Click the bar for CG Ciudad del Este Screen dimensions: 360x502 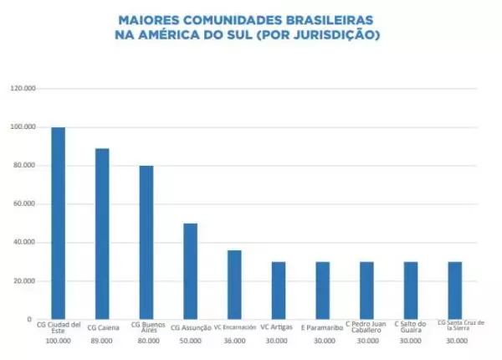point(58,224)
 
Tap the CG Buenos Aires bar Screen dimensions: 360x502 point(146,243)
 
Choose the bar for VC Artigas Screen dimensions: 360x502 point(279,291)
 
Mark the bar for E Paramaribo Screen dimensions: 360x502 point(323,291)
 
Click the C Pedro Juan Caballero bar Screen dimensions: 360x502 point(366,291)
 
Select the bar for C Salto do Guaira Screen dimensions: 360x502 point(411,291)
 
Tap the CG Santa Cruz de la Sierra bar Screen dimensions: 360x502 point(455,291)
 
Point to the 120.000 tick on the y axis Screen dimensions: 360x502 point(23,88)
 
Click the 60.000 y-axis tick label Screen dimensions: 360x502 point(24,203)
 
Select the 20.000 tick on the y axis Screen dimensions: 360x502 point(24,280)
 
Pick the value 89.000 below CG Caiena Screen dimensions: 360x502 point(102,342)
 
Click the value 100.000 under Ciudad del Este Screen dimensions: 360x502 point(58,342)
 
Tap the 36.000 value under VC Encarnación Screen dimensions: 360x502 point(234,342)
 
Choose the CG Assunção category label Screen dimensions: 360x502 point(190,327)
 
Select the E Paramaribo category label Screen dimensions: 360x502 point(323,327)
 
